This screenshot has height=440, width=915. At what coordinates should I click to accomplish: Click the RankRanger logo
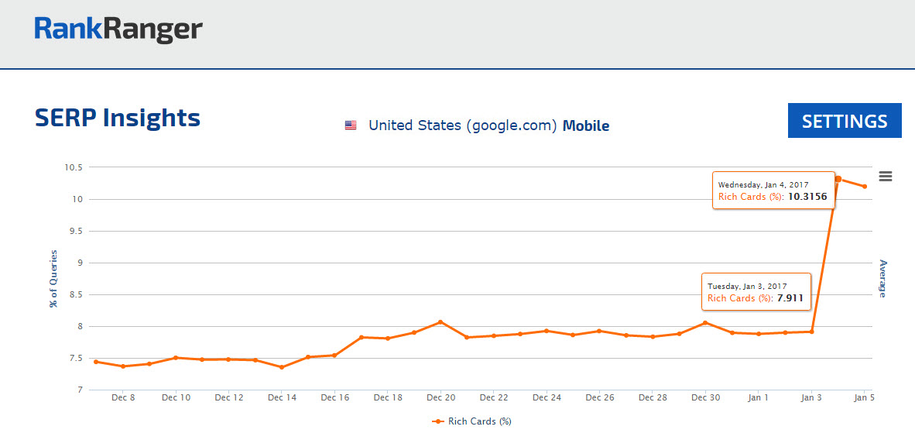point(118,29)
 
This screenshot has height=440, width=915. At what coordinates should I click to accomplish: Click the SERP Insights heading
point(118,118)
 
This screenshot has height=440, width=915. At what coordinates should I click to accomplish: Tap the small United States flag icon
point(351,125)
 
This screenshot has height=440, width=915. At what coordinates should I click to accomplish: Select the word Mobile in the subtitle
point(586,125)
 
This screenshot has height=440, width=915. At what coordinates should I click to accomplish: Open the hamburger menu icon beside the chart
point(886,177)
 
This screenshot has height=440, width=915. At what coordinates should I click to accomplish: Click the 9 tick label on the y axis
point(78,263)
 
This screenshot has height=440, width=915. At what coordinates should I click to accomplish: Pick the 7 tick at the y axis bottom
point(78,390)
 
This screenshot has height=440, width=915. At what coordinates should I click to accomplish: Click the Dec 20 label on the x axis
point(440,398)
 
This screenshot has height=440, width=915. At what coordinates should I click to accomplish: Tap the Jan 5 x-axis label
point(865,398)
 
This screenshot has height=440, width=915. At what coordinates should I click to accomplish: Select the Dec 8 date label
point(123,398)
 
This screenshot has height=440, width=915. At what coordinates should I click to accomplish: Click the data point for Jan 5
point(865,187)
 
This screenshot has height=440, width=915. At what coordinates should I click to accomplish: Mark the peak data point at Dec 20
point(440,321)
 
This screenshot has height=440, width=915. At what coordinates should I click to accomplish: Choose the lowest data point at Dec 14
point(282,367)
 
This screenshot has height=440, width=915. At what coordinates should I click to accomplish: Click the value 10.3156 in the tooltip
point(807,197)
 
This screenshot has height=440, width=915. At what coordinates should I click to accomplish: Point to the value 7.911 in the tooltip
point(790,298)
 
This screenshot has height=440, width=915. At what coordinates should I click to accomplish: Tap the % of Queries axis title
point(53,278)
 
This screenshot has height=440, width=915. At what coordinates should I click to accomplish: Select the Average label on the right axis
point(882,278)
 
